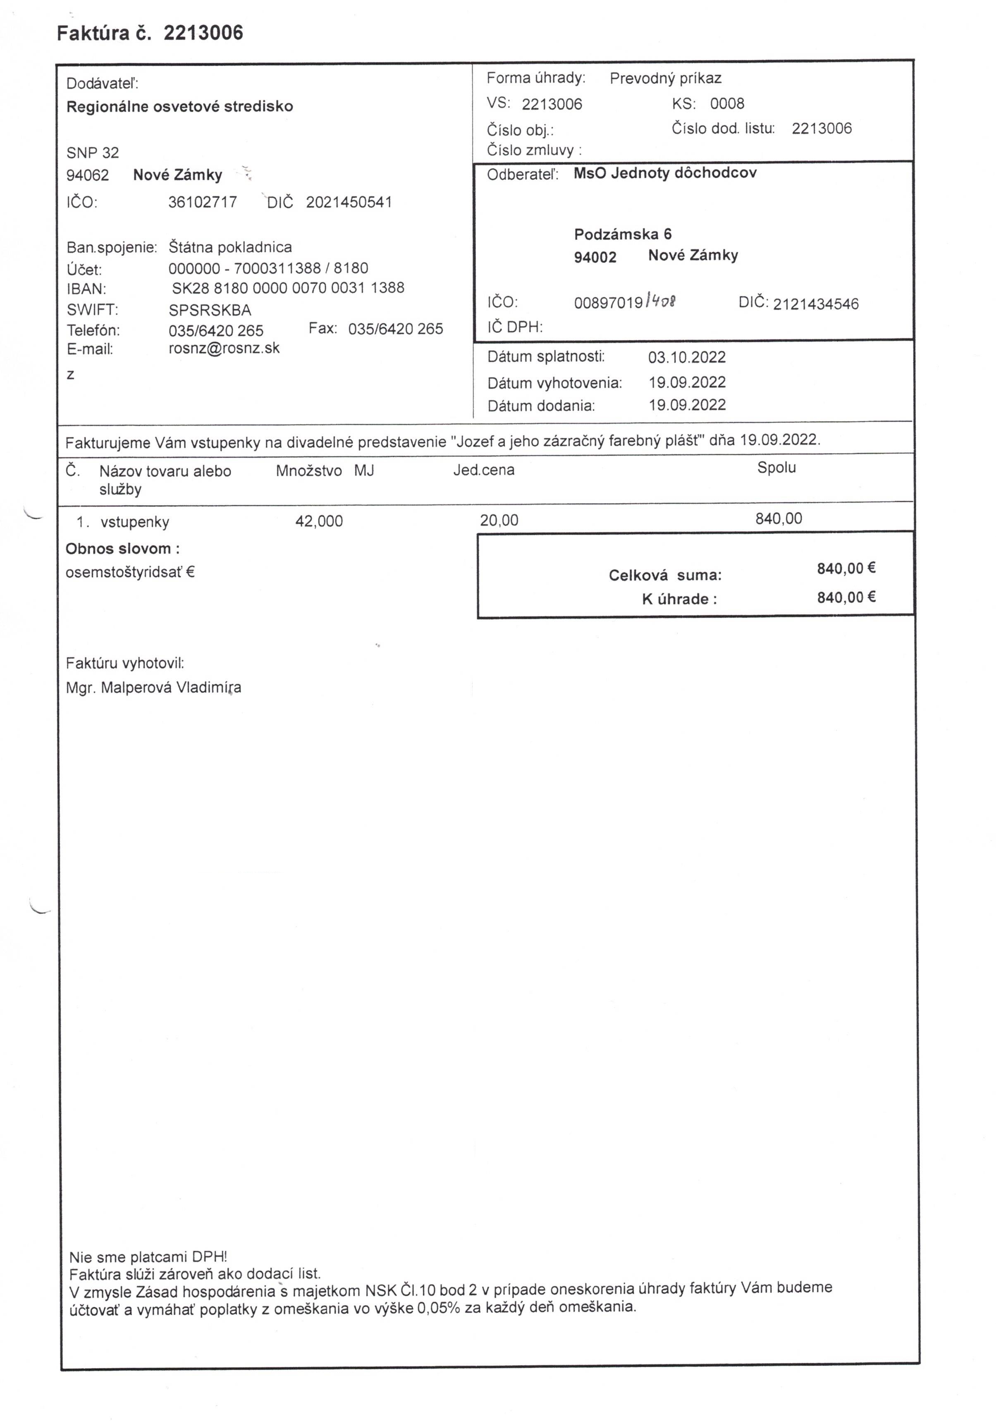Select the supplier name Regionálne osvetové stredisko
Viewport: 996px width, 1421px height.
(x=179, y=106)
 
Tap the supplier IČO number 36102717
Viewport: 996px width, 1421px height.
(x=203, y=203)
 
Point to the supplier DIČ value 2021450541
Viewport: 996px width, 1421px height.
(x=349, y=203)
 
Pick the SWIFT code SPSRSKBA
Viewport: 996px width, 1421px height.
(x=210, y=310)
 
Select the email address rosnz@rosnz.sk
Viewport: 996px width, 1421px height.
(x=224, y=349)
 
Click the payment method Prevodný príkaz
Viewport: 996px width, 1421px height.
(x=665, y=79)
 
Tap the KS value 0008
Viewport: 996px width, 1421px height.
(x=727, y=103)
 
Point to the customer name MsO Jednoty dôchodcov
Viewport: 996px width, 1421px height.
(x=665, y=173)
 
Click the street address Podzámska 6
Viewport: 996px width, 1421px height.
(x=623, y=234)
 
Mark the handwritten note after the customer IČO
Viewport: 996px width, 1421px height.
(x=660, y=301)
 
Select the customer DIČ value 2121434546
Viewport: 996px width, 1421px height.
(x=815, y=304)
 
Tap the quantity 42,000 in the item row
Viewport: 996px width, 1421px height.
(x=319, y=521)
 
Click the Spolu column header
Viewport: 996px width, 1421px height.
(x=776, y=468)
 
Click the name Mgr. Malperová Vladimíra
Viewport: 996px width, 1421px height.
(x=153, y=688)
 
